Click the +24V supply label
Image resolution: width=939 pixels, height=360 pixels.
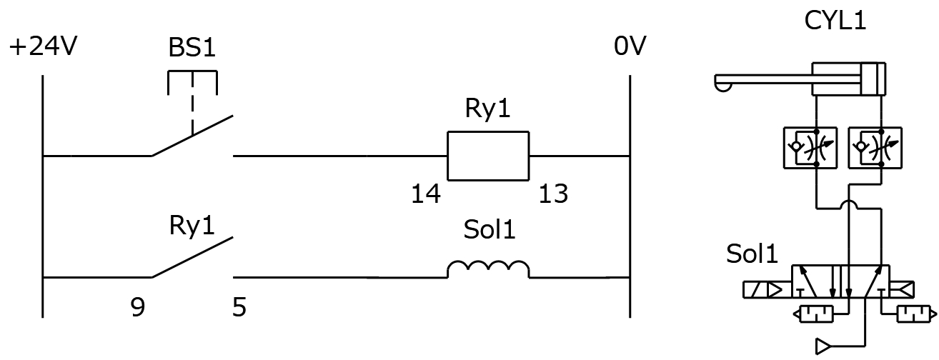[43, 48]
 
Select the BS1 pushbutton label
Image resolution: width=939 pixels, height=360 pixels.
[192, 48]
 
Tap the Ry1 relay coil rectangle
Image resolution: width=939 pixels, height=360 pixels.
[487, 156]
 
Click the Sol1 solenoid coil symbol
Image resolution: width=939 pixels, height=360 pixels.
[488, 269]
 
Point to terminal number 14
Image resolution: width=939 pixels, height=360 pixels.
[426, 194]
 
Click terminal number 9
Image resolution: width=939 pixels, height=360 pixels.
[138, 308]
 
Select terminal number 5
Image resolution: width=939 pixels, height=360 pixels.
[239, 308]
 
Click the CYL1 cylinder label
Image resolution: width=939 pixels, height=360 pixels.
[835, 20]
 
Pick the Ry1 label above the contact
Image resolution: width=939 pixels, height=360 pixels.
[192, 226]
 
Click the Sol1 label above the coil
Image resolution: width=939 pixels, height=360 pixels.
[489, 231]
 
